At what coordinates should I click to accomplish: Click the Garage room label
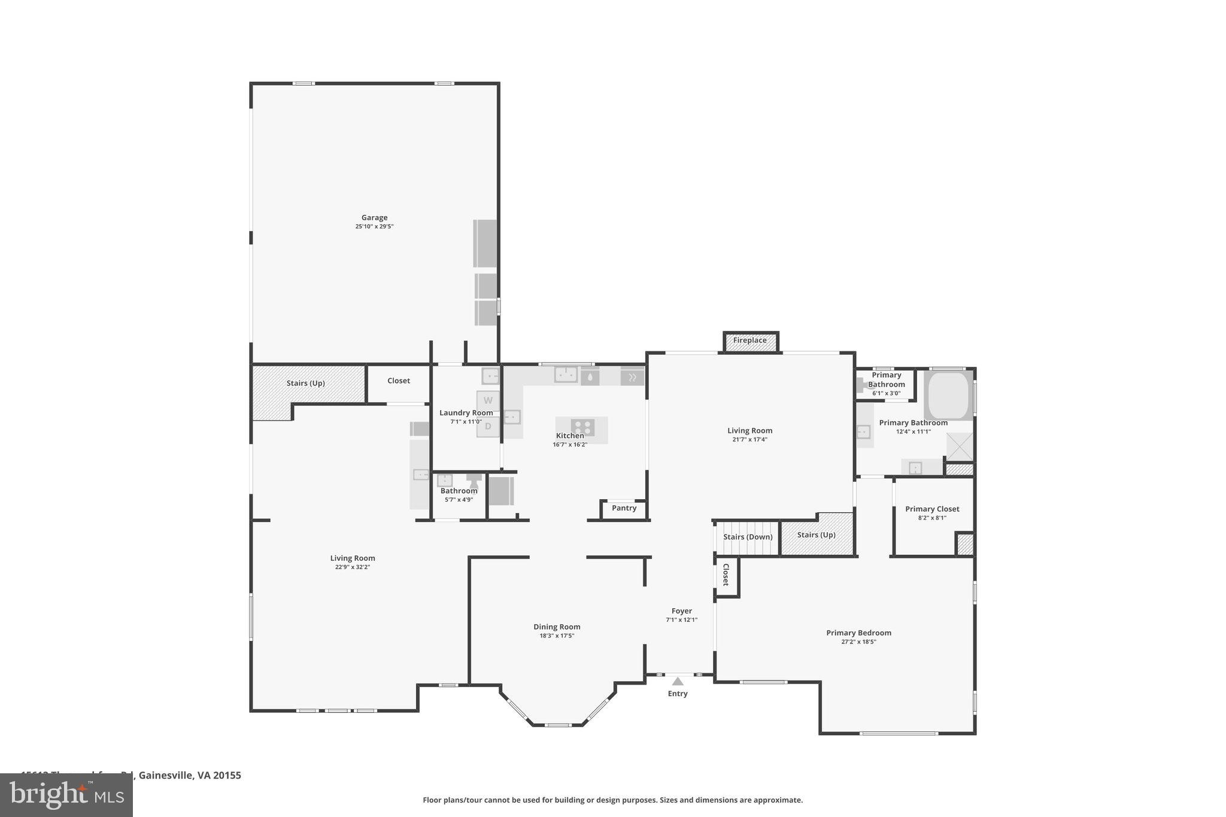[x=374, y=218]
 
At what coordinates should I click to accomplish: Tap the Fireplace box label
[x=749, y=341]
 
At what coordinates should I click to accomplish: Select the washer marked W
[x=488, y=400]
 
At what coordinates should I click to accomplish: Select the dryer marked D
[x=488, y=427]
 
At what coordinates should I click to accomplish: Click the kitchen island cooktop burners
[x=582, y=427]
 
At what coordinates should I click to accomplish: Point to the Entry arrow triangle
[x=678, y=681]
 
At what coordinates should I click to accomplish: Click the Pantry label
[x=624, y=508]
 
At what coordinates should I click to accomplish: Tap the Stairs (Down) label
[x=748, y=537]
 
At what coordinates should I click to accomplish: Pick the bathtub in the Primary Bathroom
[x=948, y=396]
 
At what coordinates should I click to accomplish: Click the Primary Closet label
[x=932, y=509]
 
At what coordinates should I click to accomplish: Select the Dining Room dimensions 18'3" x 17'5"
[x=557, y=636]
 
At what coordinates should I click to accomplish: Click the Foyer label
[x=681, y=611]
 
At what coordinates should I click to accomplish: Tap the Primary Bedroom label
[x=858, y=633]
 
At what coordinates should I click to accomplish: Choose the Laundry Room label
[x=466, y=413]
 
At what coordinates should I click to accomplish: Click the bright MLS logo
[x=66, y=795]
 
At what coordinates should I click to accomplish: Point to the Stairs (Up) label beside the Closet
[x=305, y=383]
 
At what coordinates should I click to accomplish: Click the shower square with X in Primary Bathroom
[x=960, y=447]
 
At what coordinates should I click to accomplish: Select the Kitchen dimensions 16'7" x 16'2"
[x=570, y=445]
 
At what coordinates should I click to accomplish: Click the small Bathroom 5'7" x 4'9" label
[x=459, y=491]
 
